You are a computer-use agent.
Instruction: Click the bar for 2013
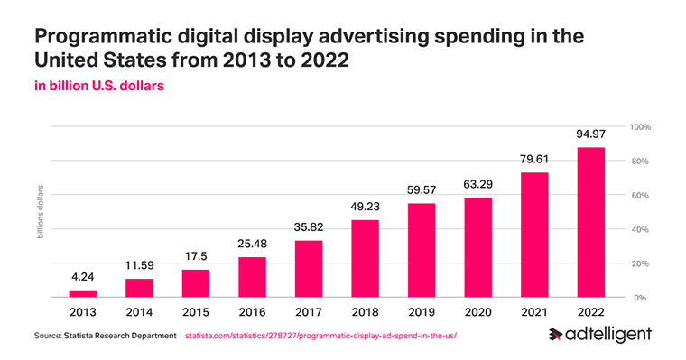point(82,293)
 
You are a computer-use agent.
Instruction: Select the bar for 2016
point(252,277)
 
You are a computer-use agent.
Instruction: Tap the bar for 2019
point(422,250)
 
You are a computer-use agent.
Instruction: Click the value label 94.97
point(590,134)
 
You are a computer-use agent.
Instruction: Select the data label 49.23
point(365,206)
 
